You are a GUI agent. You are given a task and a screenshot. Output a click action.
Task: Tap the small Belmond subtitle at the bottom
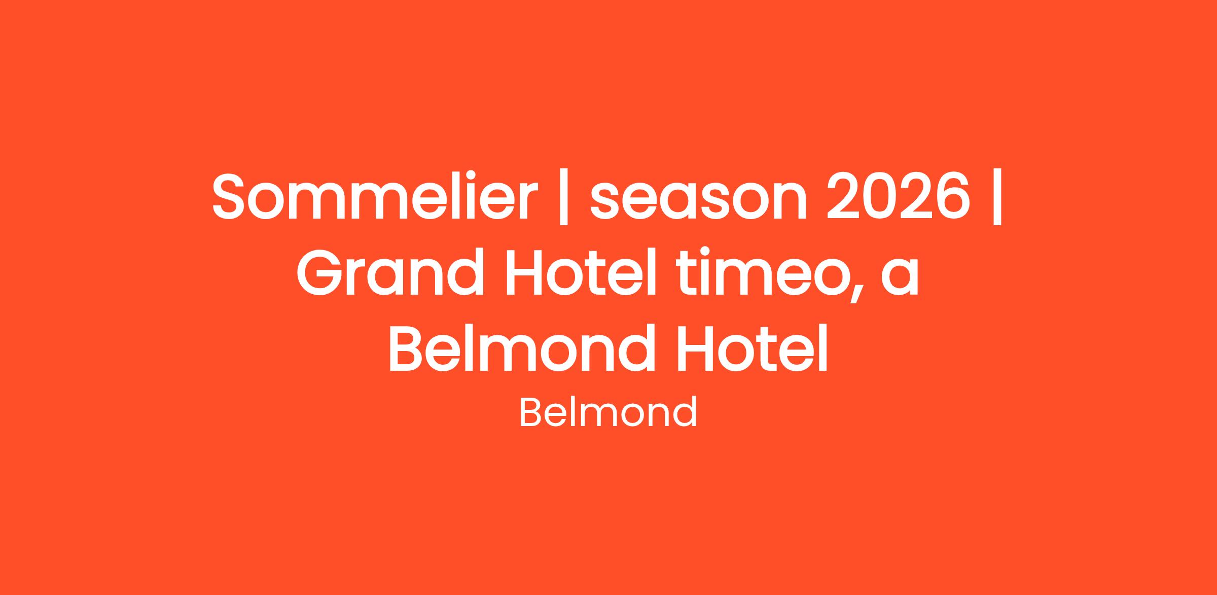tap(608, 412)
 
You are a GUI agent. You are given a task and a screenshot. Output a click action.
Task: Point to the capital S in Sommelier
tap(232, 196)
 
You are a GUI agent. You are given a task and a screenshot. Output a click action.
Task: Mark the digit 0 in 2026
tap(881, 196)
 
